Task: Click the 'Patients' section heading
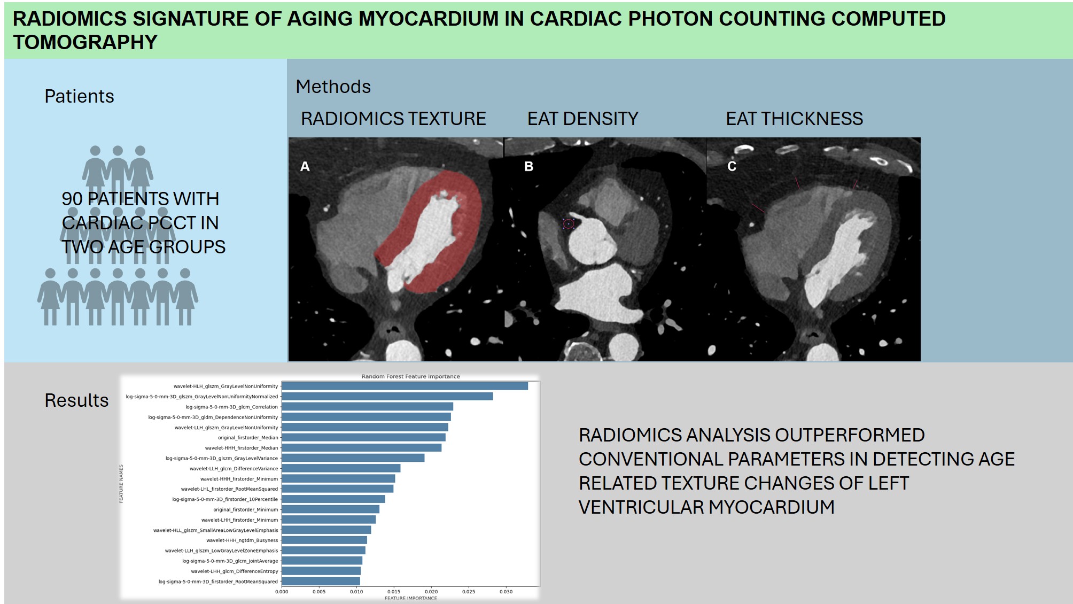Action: point(79,96)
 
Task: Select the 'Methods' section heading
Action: point(333,87)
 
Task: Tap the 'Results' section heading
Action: point(76,400)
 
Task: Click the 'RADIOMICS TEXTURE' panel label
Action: point(393,119)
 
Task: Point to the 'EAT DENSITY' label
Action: point(583,119)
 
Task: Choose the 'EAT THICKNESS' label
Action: point(795,119)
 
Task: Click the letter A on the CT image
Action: point(305,167)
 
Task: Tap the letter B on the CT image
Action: point(529,167)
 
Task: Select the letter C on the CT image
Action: point(732,167)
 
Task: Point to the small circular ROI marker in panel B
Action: point(569,224)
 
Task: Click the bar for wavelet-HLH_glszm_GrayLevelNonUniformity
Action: point(405,386)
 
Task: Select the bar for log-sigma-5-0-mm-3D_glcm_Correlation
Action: point(367,407)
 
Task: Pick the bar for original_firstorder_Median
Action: point(363,437)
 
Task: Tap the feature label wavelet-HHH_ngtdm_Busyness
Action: point(242,540)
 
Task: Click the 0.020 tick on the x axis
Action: point(431,592)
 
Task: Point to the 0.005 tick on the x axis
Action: point(319,592)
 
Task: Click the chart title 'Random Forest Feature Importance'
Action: point(410,376)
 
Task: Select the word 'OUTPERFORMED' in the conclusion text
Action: point(850,435)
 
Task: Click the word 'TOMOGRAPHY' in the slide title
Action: point(85,42)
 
